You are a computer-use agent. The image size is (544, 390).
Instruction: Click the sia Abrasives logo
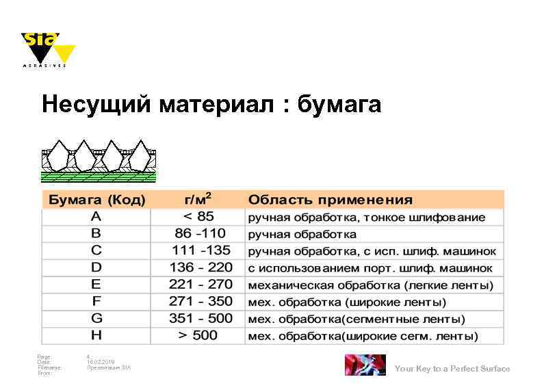click(x=46, y=49)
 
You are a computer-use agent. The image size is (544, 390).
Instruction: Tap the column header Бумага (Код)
click(x=95, y=200)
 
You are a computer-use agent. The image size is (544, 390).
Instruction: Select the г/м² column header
click(x=198, y=199)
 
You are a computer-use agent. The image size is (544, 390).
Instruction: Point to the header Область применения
click(x=331, y=200)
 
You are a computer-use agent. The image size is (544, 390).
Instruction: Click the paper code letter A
click(x=96, y=217)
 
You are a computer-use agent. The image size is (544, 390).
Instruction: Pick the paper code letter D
click(x=96, y=268)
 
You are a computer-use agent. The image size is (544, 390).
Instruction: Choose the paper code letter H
click(x=96, y=335)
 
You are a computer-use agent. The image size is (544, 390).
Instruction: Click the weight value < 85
click(x=198, y=217)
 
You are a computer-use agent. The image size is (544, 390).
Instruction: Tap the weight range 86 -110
click(x=199, y=233)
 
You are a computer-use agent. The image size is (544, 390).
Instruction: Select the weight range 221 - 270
click(x=200, y=284)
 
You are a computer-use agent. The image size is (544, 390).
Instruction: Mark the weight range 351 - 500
click(x=200, y=318)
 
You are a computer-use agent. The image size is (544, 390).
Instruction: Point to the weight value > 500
click(x=198, y=335)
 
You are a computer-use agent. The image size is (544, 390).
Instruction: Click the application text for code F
click(x=347, y=302)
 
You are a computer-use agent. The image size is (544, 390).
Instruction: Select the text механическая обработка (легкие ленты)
click(x=370, y=285)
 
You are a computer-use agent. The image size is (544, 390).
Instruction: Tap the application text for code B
click(x=293, y=234)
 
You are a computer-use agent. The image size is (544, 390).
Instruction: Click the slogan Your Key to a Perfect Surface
click(x=452, y=369)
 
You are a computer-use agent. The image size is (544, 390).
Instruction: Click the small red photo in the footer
click(x=365, y=365)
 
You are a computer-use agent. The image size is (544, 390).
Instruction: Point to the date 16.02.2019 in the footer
click(x=101, y=362)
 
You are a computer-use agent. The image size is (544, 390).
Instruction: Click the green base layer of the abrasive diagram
click(x=99, y=177)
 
